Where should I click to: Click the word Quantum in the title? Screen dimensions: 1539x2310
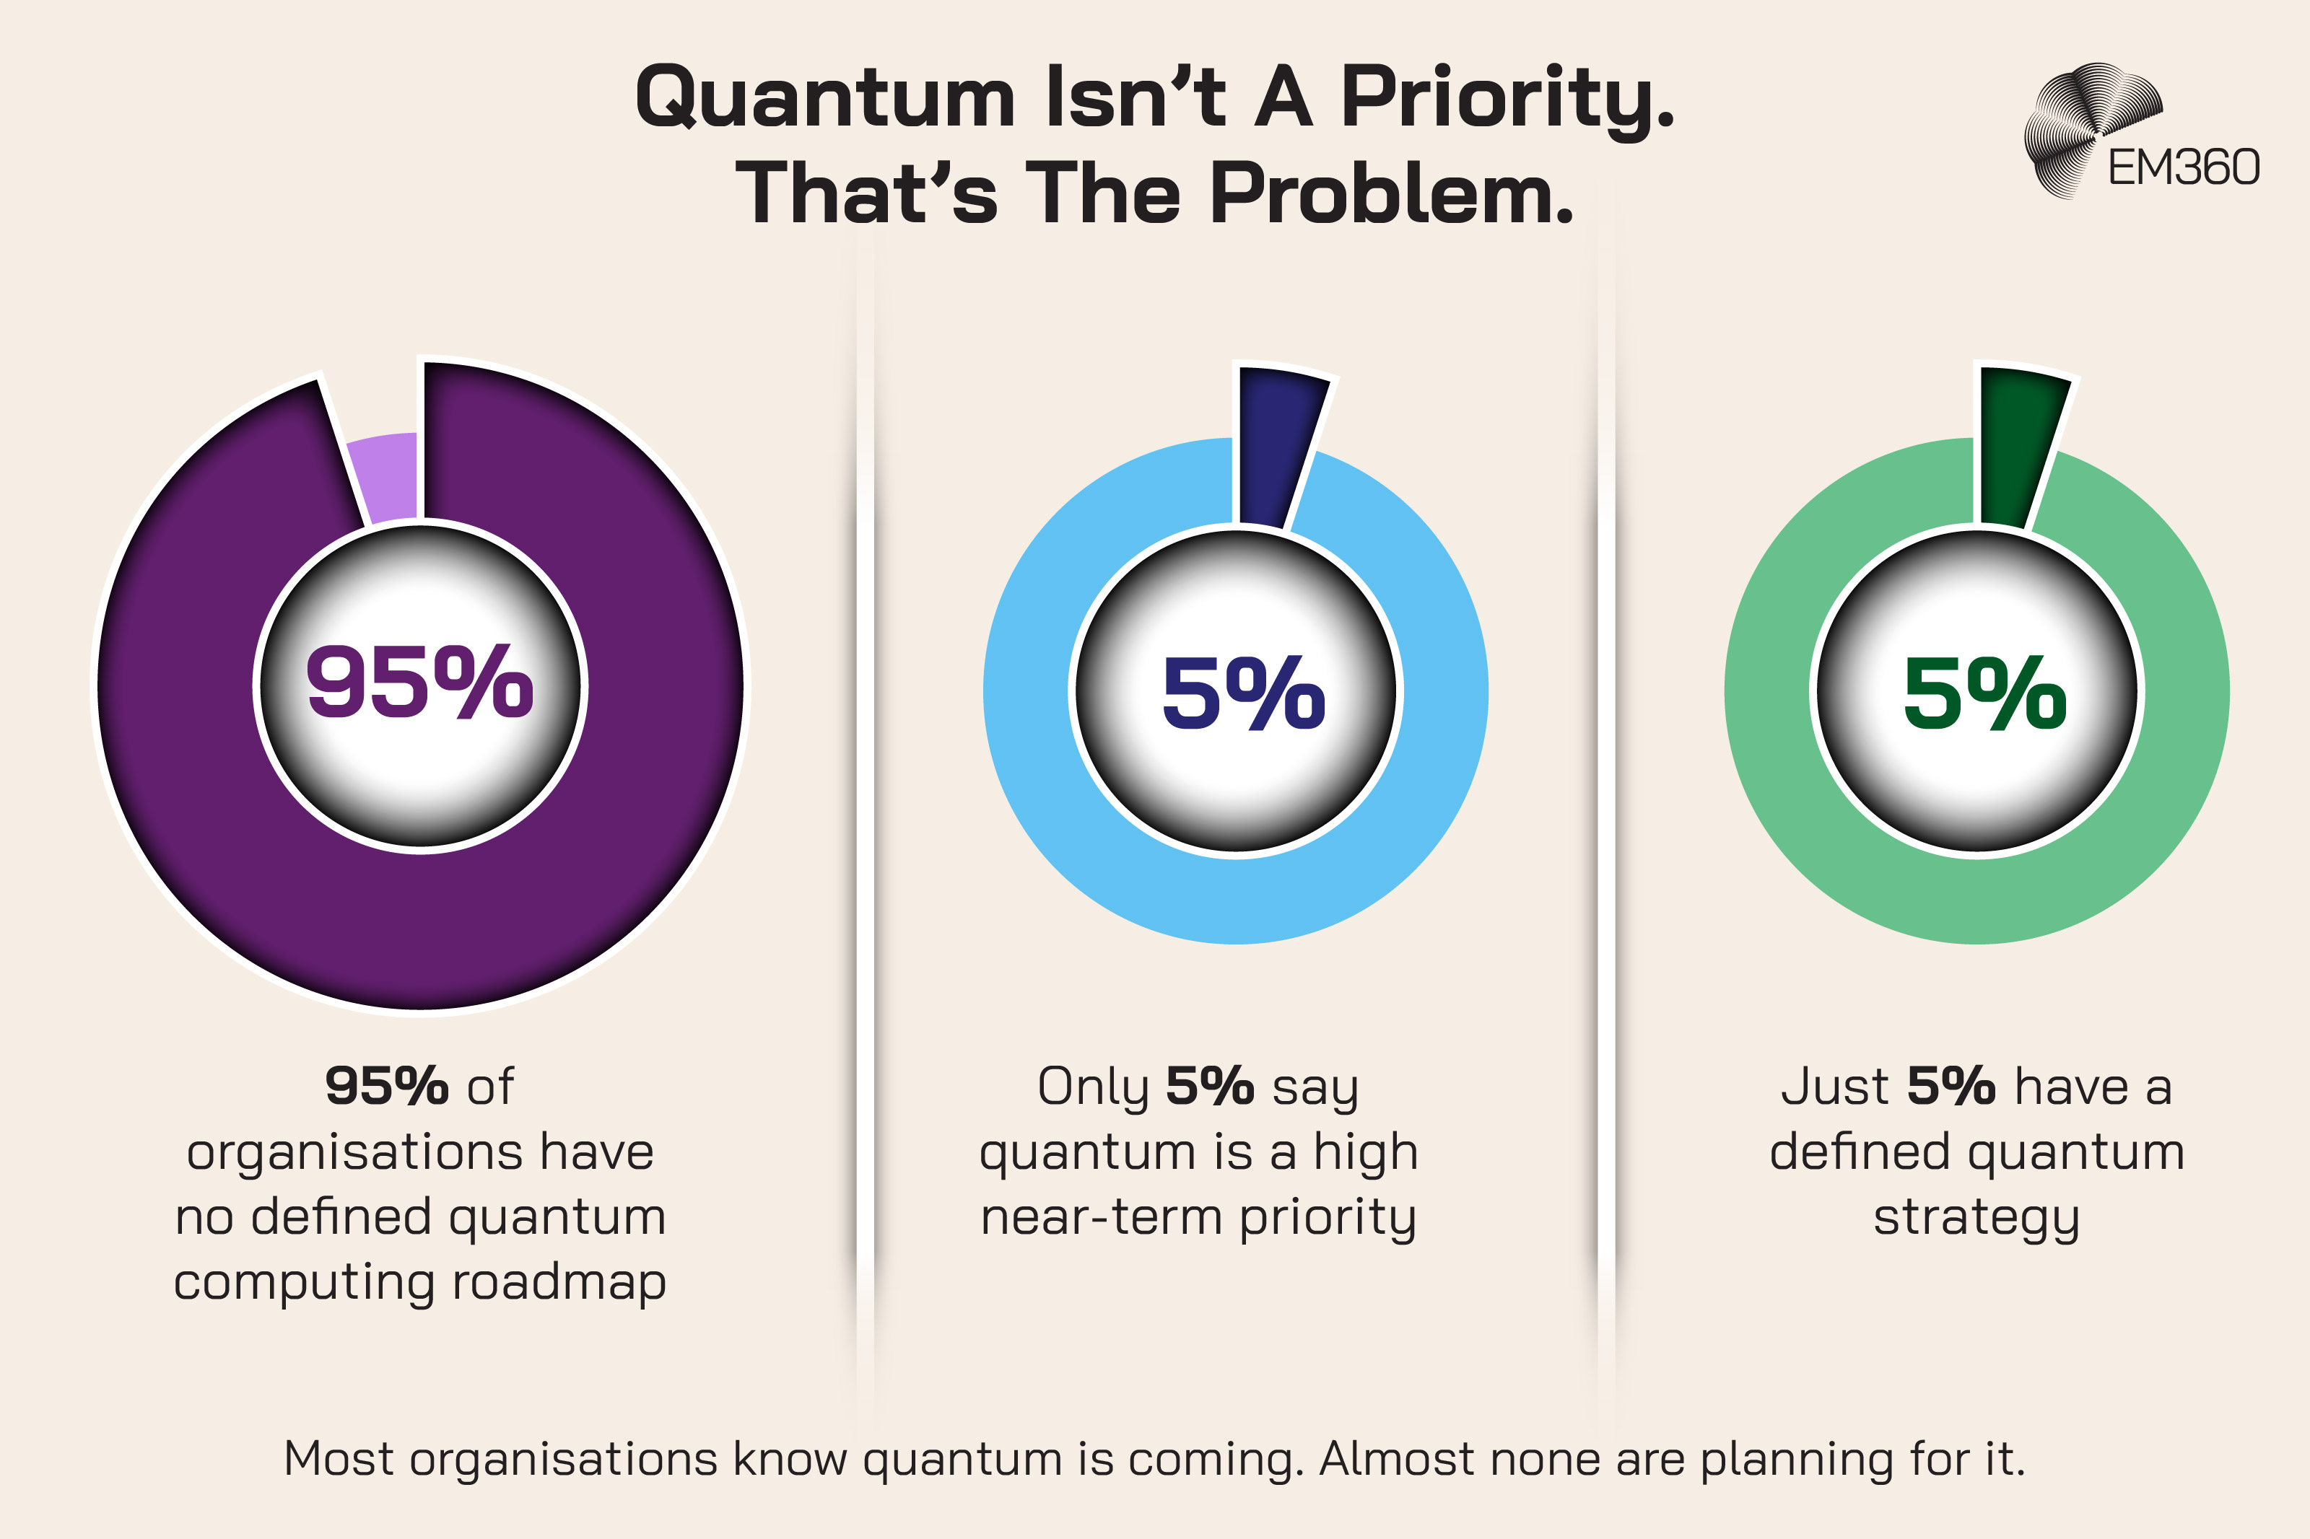(x=824, y=98)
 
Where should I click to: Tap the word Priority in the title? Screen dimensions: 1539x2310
(x=1507, y=98)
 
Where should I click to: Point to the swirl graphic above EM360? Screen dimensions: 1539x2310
(x=2086, y=123)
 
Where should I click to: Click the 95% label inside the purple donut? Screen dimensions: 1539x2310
(x=420, y=682)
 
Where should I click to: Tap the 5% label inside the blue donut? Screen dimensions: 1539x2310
(x=1243, y=695)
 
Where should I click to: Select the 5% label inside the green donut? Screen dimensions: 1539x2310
(x=1984, y=695)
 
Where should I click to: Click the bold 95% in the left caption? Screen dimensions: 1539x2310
(x=385, y=1087)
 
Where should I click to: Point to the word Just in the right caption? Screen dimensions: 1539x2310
(x=1834, y=1087)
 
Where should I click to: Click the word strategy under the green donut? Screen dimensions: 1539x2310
(x=1976, y=1218)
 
